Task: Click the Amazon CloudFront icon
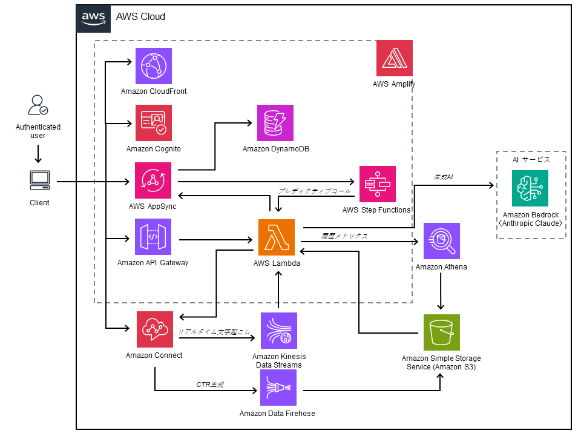[153, 66]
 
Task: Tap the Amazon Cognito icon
[153, 123]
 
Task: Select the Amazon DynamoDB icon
[275, 123]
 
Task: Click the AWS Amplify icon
[395, 58]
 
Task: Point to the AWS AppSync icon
[153, 180]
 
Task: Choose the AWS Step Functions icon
[378, 184]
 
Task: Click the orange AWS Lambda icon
[277, 237]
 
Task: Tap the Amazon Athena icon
[441, 241]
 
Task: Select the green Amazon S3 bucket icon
[441, 332]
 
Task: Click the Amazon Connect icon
[154, 329]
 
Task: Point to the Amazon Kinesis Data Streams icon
[278, 331]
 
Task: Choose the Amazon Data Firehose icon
[278, 388]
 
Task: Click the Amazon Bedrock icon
[530, 188]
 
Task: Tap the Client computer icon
[40, 180]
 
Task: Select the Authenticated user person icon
[38, 105]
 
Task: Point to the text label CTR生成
[210, 384]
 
